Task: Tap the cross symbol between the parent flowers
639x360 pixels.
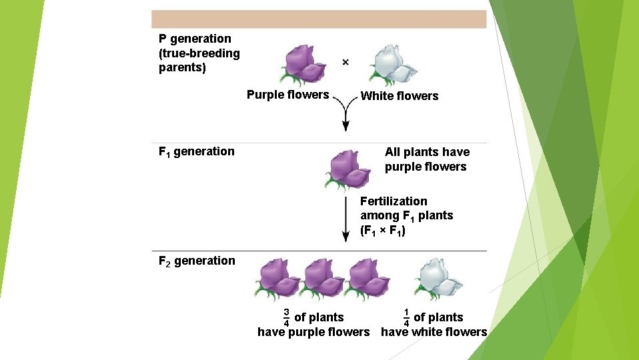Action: pos(345,62)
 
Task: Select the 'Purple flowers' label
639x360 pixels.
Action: pos(287,95)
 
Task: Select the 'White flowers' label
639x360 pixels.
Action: pos(399,96)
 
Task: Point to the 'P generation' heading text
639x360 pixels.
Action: pos(195,39)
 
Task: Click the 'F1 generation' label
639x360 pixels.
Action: pos(197,151)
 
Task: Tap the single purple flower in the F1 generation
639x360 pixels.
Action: pos(349,169)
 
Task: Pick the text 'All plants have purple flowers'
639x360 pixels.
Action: pos(427,159)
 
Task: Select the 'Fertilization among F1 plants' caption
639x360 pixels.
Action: pos(406,215)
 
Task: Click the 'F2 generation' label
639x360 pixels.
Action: pos(197,261)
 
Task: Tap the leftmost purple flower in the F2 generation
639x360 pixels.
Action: pos(277,278)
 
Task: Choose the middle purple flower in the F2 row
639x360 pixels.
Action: pos(322,278)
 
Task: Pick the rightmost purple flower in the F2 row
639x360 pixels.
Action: pos(368,278)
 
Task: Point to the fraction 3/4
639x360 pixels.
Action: pos(286,317)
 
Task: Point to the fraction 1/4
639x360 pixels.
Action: pos(406,317)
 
